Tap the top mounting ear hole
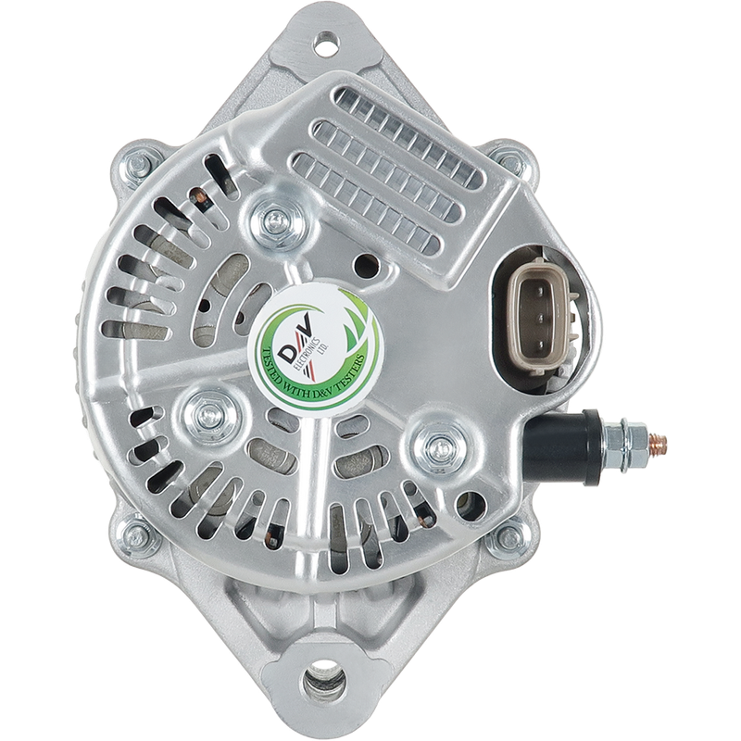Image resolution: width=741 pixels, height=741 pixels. [x=327, y=44]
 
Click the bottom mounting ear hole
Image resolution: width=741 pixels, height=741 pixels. [x=322, y=682]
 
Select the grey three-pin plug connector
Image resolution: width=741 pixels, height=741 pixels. [x=540, y=319]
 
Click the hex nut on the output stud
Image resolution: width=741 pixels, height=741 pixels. [x=633, y=443]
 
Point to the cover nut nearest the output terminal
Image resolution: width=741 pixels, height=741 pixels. [x=441, y=446]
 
